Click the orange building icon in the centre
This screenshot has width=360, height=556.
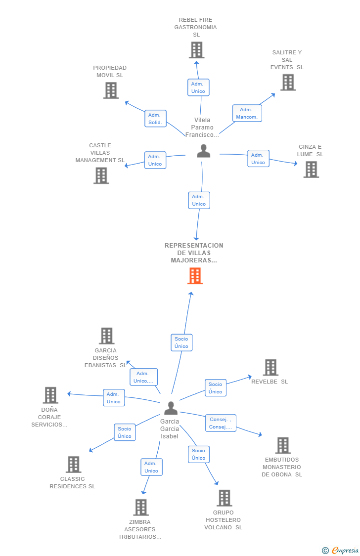tap(195, 275)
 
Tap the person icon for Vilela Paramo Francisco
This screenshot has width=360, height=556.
tap(204, 151)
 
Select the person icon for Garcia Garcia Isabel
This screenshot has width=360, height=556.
tap(171, 408)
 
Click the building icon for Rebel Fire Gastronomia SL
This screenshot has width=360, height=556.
tap(196, 50)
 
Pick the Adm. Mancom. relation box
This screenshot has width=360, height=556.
tap(247, 113)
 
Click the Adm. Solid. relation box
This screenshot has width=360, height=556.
tap(155, 119)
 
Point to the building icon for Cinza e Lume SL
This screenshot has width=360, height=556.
tap(312, 170)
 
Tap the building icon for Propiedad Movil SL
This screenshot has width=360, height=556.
tap(111, 90)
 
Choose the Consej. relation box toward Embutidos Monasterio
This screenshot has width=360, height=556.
tap(221, 423)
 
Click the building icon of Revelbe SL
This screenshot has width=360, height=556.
tap(270, 367)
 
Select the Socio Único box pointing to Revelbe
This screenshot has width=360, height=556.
tap(215, 388)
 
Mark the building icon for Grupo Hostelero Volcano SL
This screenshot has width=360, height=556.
tap(225, 498)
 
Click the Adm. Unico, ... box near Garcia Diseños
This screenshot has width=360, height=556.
tap(143, 377)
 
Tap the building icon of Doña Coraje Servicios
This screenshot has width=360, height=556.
tap(50, 395)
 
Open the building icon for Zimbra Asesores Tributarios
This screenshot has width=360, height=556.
tap(141, 507)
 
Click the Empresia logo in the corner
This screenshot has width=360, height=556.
tap(341, 551)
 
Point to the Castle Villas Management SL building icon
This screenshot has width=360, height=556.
tap(101, 175)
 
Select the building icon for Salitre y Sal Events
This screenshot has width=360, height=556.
tap(288, 82)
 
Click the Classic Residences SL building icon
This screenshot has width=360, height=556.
tap(74, 464)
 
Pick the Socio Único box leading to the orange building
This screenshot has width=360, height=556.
tap(181, 342)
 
